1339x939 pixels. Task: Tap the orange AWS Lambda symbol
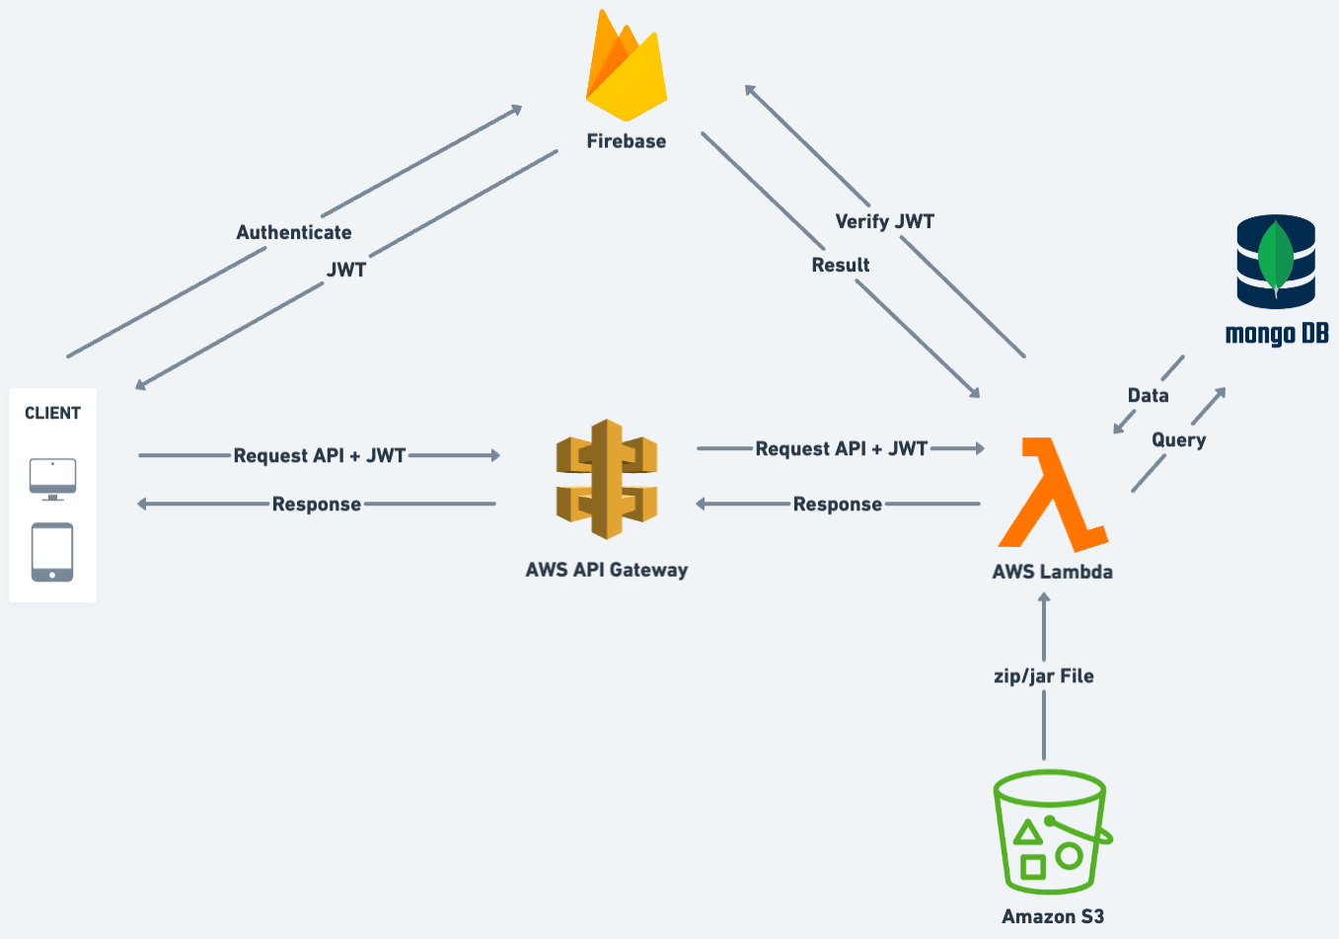pyautogui.click(x=1052, y=493)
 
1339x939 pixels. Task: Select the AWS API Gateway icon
pyautogui.click(x=606, y=479)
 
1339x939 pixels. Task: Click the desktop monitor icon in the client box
pyautogui.click(x=52, y=479)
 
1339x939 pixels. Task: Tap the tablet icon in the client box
pyautogui.click(x=52, y=552)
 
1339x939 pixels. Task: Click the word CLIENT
pyautogui.click(x=52, y=413)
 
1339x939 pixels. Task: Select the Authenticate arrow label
pyautogui.click(x=294, y=232)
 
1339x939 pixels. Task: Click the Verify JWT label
pyautogui.click(x=884, y=221)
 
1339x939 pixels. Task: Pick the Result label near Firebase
pyautogui.click(x=841, y=265)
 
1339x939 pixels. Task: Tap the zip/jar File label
pyautogui.click(x=1043, y=676)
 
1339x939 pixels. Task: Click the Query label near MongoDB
pyautogui.click(x=1178, y=439)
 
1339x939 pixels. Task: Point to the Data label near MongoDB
pyautogui.click(x=1148, y=395)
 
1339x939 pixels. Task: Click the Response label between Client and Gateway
pyautogui.click(x=317, y=504)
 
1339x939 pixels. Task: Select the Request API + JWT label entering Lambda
pyautogui.click(x=841, y=448)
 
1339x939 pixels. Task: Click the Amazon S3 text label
pyautogui.click(x=1052, y=916)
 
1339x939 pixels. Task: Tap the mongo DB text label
pyautogui.click(x=1276, y=334)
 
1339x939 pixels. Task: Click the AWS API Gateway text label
pyautogui.click(x=606, y=570)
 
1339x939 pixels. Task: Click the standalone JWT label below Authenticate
pyautogui.click(x=346, y=270)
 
